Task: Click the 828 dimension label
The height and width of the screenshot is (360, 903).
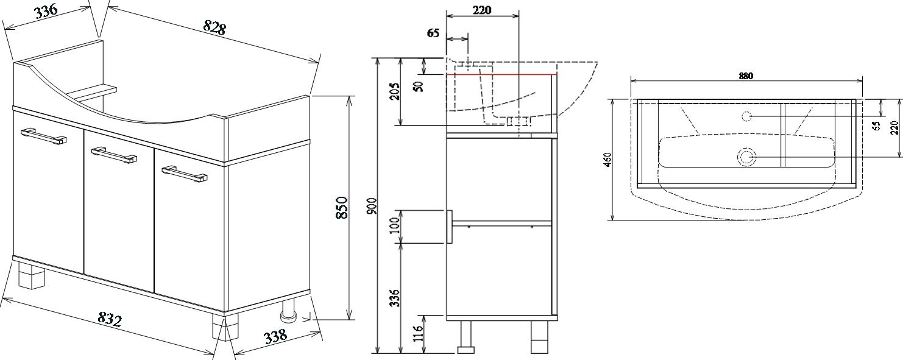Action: [x=214, y=27]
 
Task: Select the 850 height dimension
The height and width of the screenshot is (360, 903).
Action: [x=341, y=207]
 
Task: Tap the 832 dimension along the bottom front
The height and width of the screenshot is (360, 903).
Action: [x=110, y=319]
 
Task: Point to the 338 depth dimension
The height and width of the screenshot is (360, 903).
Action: [x=275, y=336]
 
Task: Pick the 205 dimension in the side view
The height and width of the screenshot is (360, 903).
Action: [x=395, y=91]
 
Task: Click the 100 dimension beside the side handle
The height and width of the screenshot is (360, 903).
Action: [x=395, y=225]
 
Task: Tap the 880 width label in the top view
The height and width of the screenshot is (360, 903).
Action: [x=746, y=76]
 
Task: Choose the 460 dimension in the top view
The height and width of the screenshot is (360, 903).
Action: [x=608, y=159]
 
